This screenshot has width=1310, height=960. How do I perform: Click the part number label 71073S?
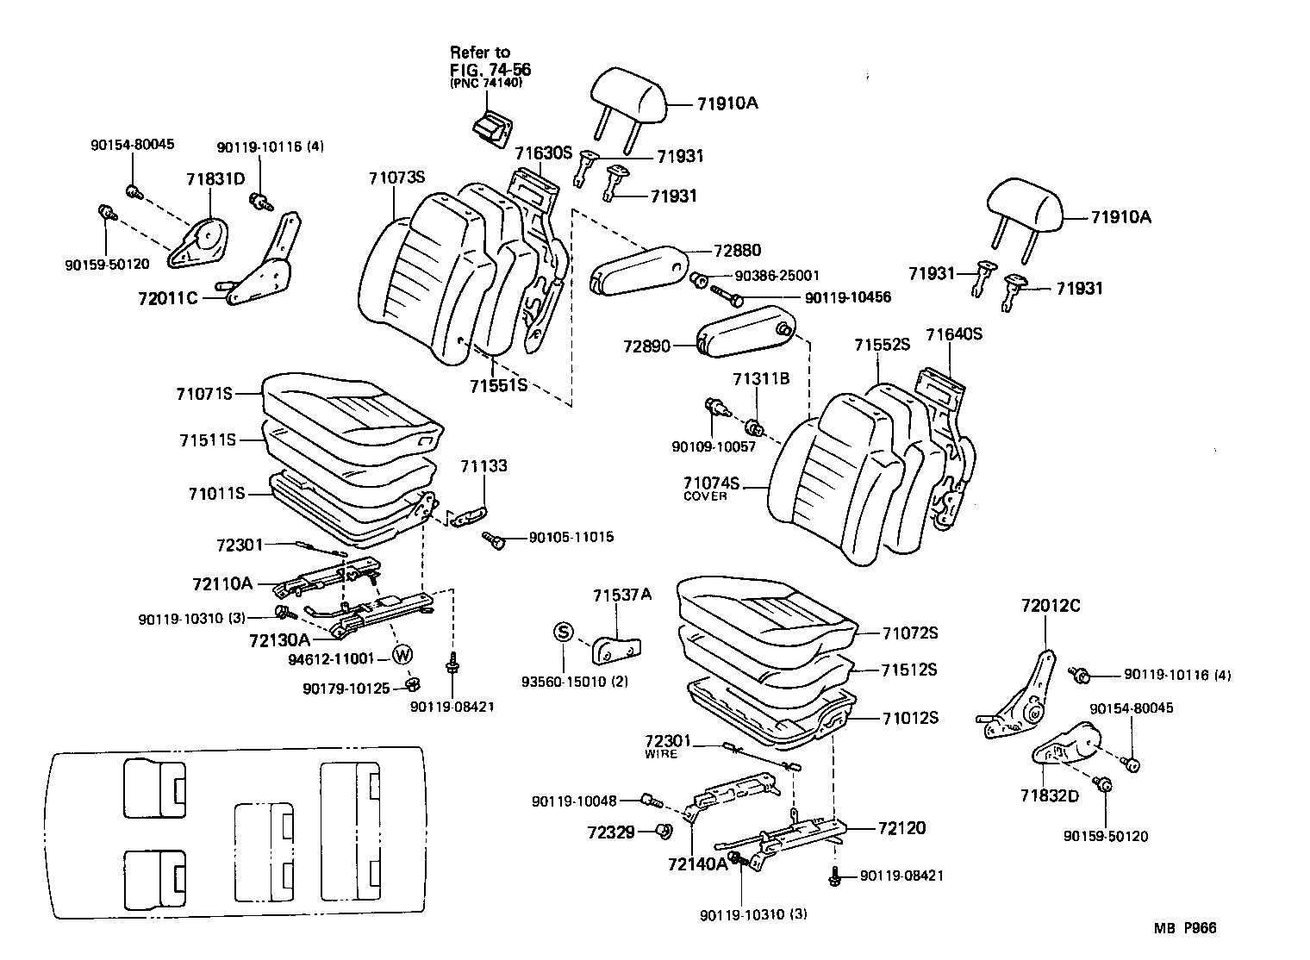(397, 178)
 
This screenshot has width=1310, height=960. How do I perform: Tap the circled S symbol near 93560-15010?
(562, 632)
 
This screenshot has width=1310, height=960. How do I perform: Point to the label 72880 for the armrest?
(737, 251)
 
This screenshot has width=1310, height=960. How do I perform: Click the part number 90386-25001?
(777, 276)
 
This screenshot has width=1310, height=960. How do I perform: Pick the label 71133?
(483, 466)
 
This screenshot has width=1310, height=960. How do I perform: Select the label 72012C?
(1051, 606)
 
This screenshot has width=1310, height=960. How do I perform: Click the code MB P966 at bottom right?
(1185, 928)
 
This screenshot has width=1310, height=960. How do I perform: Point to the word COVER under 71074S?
(705, 496)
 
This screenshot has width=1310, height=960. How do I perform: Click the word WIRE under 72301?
(661, 754)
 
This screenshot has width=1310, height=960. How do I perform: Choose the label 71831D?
(215, 178)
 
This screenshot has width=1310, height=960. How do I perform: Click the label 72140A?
(696, 863)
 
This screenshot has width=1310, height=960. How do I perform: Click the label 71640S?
(954, 334)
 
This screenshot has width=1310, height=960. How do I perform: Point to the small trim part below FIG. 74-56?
(489, 128)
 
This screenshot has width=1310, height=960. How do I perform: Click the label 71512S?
(908, 670)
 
